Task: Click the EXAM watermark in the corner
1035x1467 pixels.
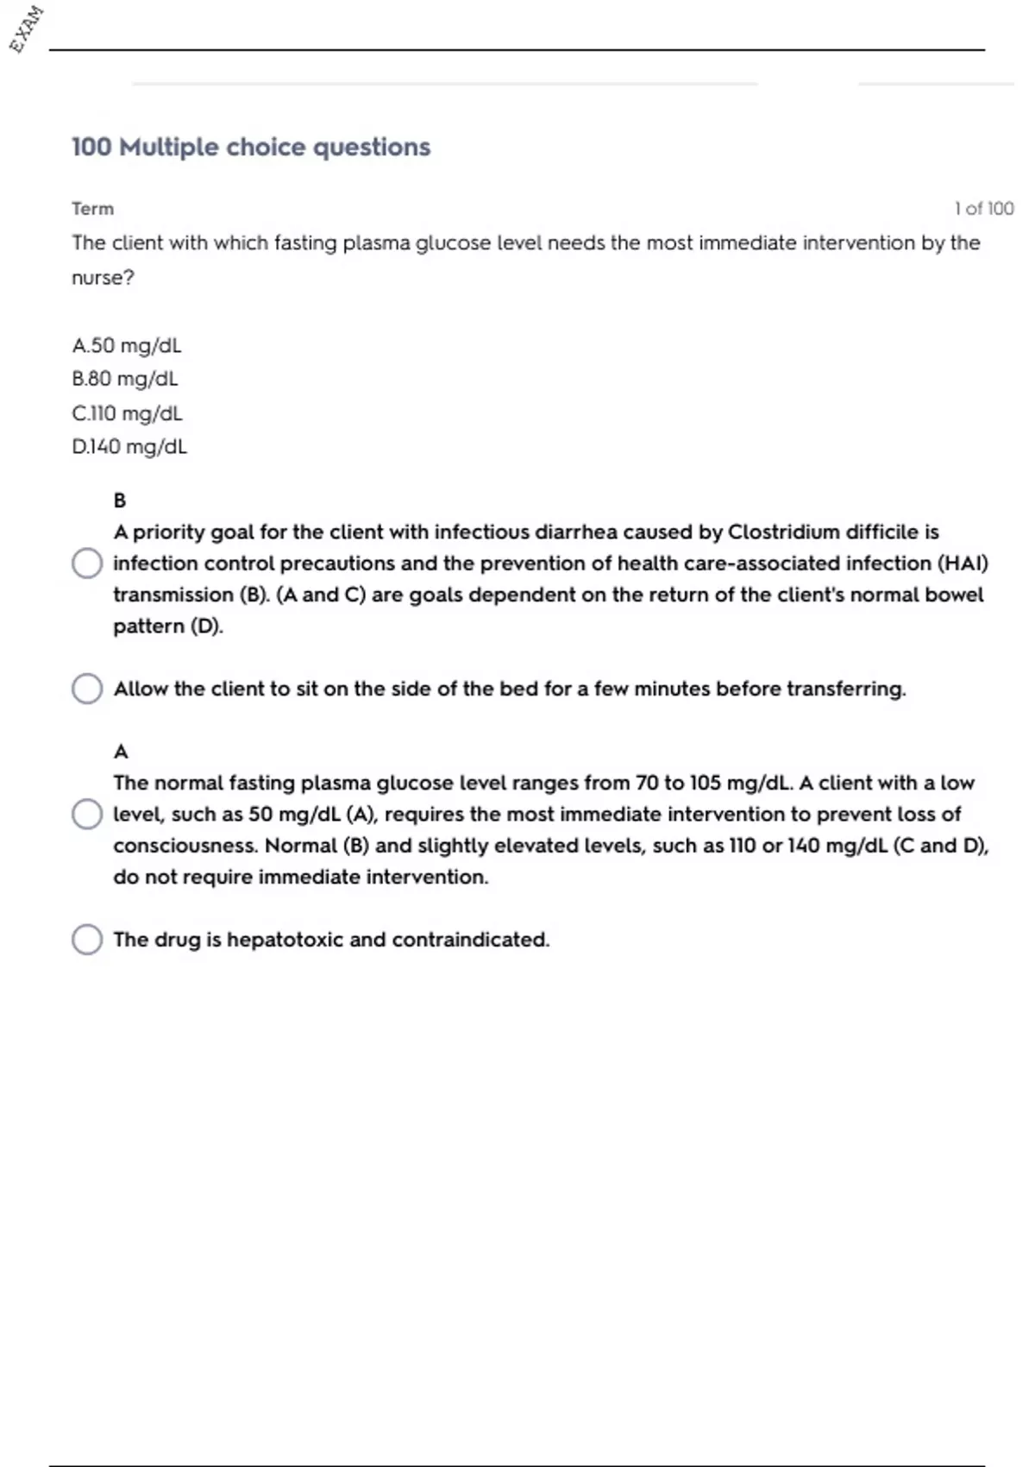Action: point(26,28)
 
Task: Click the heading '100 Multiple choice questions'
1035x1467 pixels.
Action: point(250,147)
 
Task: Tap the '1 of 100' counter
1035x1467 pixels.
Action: point(983,209)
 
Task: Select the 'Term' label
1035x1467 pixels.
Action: point(92,209)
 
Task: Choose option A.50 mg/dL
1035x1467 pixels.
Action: point(127,345)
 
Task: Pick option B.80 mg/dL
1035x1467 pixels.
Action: point(125,379)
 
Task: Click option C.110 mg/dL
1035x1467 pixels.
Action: point(127,413)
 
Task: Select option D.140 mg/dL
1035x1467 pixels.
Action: point(129,447)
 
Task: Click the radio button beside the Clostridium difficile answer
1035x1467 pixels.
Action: point(87,564)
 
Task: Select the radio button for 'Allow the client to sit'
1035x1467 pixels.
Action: point(87,689)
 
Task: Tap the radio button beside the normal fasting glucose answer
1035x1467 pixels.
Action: point(87,814)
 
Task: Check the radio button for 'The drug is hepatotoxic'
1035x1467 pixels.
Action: point(87,940)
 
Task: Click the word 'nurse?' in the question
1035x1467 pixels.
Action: point(103,278)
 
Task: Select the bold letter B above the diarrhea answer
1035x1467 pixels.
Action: point(120,501)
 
